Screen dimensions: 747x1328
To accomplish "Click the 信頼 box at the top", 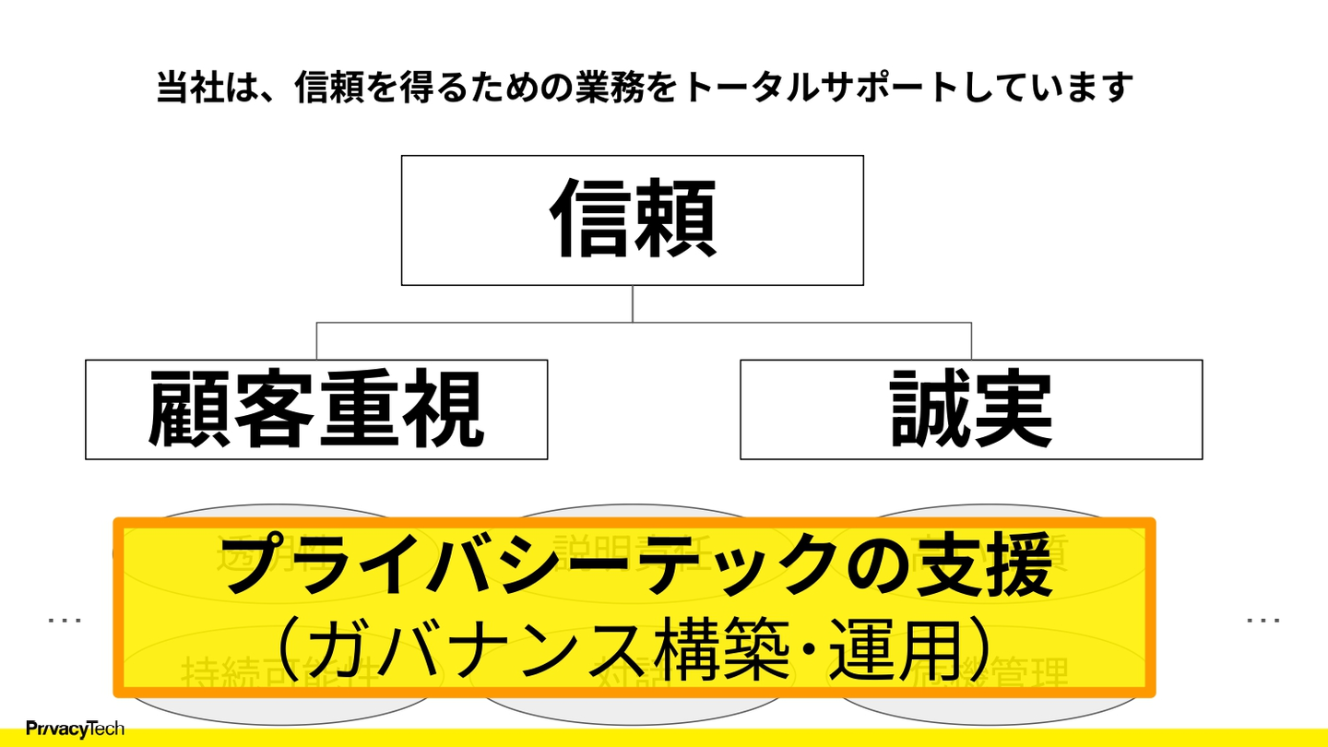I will point(633,219).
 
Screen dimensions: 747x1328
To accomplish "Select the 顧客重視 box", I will point(316,409).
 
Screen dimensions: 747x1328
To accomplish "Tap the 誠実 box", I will point(971,409).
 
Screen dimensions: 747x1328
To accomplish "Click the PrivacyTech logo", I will point(76,729).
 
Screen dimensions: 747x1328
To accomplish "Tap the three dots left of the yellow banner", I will point(65,621).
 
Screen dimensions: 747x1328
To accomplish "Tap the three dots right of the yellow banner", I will point(1263,621).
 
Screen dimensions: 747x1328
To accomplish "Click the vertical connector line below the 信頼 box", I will point(633,303).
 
